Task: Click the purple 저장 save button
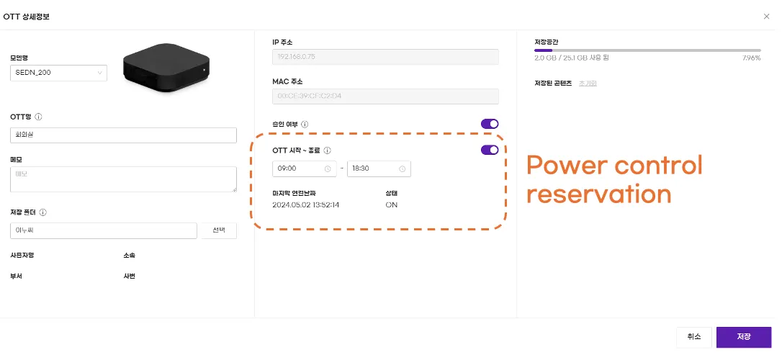click(x=744, y=337)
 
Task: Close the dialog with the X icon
click(x=765, y=16)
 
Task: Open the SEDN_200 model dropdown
click(x=59, y=73)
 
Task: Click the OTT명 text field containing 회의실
click(x=123, y=135)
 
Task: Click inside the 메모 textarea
click(x=123, y=179)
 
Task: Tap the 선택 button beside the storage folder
click(x=217, y=230)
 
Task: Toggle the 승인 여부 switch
click(x=490, y=124)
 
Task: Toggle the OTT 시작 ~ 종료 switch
click(x=490, y=150)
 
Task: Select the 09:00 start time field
click(x=304, y=169)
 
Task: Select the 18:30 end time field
click(x=379, y=169)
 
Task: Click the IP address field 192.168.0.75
click(x=385, y=58)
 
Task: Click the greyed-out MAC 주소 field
click(x=385, y=96)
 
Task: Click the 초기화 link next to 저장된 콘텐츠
click(x=588, y=84)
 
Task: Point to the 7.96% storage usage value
click(x=751, y=58)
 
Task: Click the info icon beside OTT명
click(x=39, y=117)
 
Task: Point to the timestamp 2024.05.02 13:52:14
click(x=306, y=205)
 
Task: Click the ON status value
click(x=392, y=205)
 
